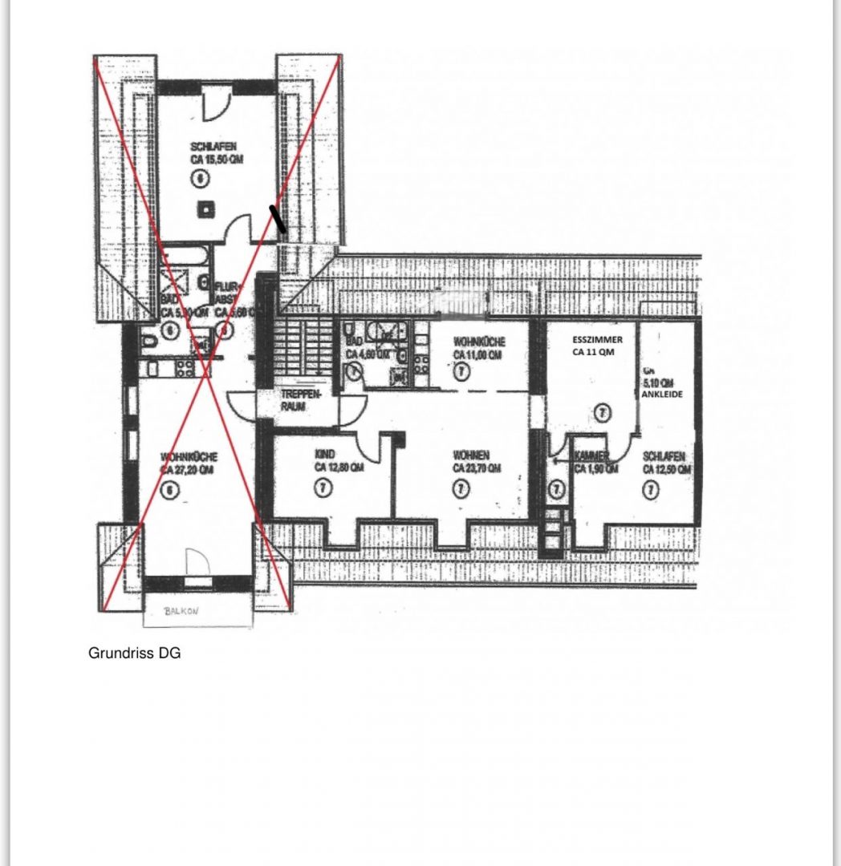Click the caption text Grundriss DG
[134, 654]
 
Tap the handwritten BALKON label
[181, 610]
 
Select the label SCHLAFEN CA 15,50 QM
[216, 153]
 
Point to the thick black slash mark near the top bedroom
[277, 218]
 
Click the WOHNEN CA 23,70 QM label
[477, 461]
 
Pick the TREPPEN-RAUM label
[301, 401]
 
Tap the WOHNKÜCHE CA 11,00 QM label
[478, 347]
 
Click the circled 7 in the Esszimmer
[603, 413]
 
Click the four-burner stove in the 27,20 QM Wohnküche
[185, 368]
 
